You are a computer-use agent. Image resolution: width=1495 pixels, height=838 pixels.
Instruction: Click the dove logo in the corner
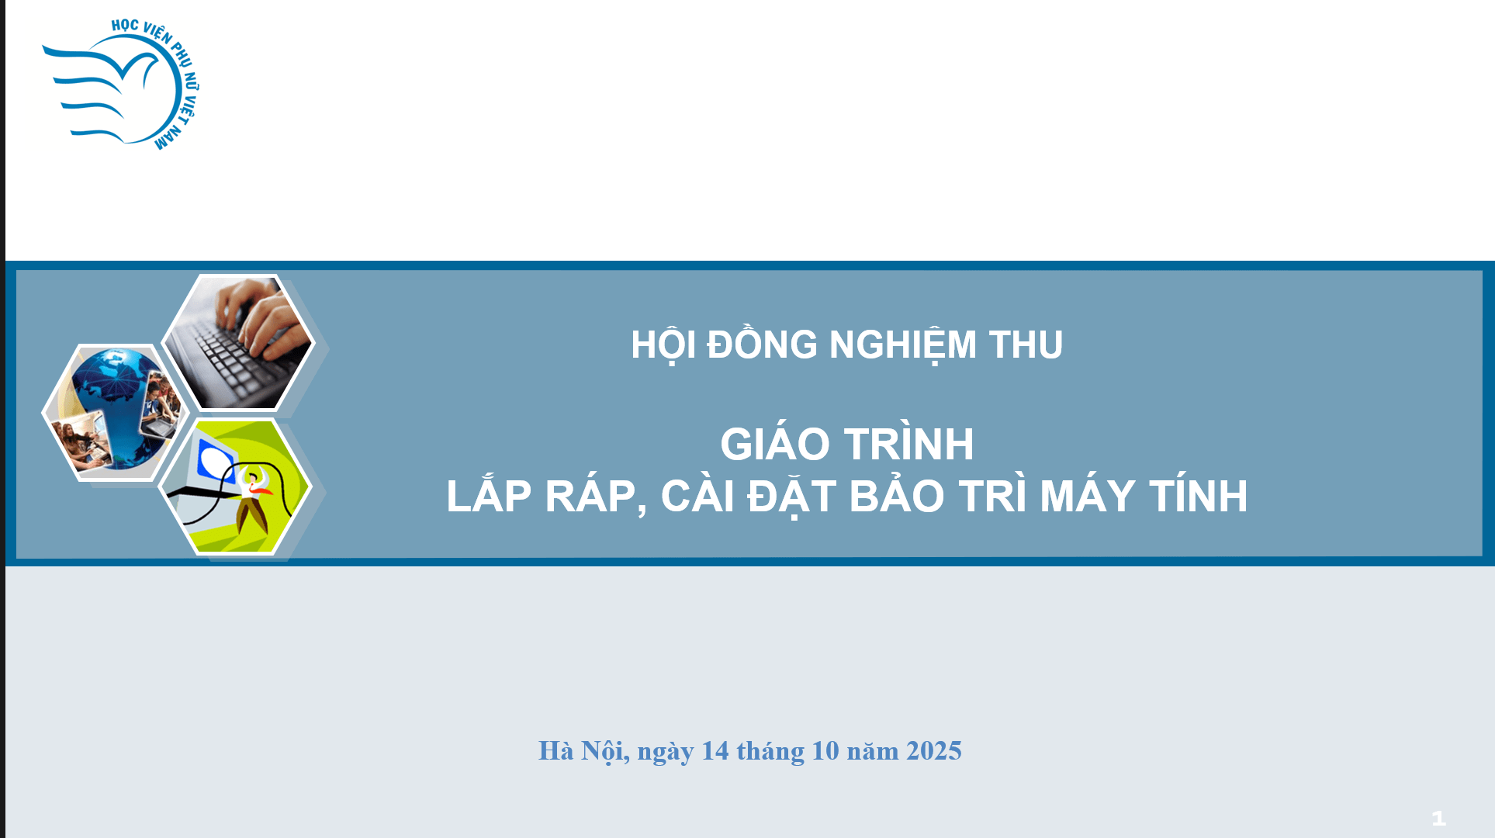point(121,84)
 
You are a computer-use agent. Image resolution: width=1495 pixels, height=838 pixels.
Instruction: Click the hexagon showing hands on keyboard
point(237,342)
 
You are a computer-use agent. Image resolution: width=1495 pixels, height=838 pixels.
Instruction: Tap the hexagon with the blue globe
point(116,413)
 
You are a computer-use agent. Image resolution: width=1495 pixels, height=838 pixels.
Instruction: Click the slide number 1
point(1438,818)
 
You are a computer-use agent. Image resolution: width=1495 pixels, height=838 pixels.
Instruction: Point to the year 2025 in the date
point(934,751)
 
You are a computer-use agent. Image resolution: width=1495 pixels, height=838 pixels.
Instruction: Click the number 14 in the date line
point(715,751)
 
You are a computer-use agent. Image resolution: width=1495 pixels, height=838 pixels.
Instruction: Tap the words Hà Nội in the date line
point(583,751)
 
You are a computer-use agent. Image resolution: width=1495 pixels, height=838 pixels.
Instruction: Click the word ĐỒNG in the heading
point(762,344)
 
